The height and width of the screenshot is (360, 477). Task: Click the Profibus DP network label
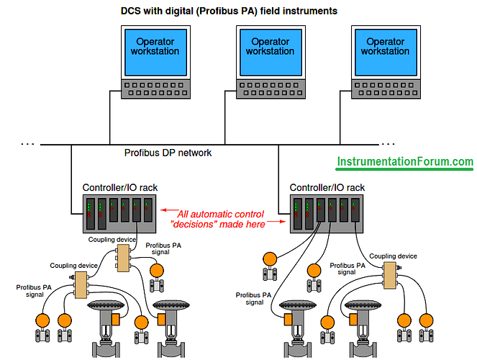coord(168,153)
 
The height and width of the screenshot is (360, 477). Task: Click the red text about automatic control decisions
coord(222,219)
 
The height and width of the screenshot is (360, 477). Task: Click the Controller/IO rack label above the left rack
coord(120,188)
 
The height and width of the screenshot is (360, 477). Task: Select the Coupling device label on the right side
coord(393,256)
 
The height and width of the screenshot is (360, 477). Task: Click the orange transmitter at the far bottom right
coord(432,320)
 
